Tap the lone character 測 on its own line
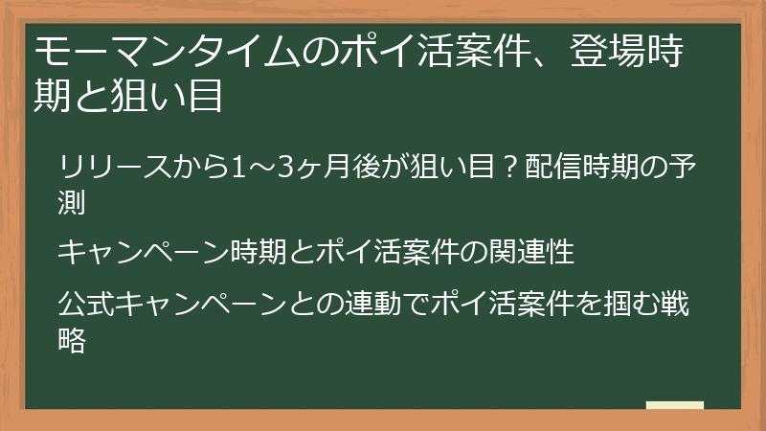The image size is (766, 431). click(x=72, y=202)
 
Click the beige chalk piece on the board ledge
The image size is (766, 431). click(x=674, y=404)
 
